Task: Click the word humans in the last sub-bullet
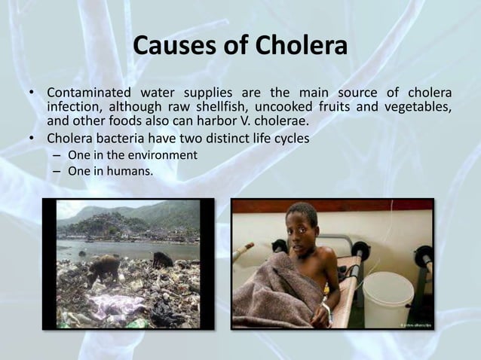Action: tap(132, 172)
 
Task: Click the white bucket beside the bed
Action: tap(387, 297)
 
